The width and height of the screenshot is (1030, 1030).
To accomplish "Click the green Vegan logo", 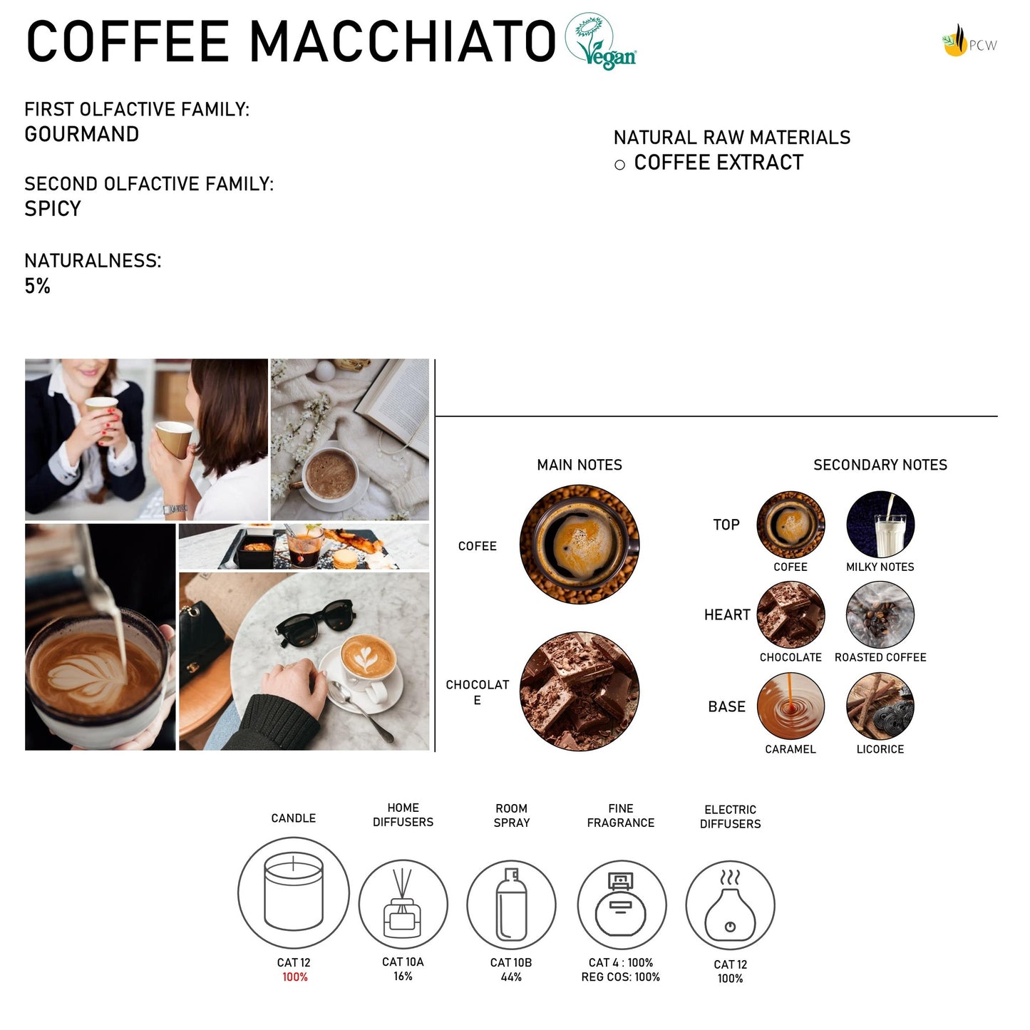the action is tap(600, 41).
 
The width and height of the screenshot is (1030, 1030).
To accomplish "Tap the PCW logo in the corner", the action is tap(969, 41).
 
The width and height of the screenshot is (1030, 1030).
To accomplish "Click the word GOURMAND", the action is tap(82, 134).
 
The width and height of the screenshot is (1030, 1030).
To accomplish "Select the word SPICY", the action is tap(53, 208).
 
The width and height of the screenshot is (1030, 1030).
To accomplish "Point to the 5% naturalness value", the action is tap(37, 286).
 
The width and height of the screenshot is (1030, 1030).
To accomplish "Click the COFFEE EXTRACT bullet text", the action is tap(719, 163).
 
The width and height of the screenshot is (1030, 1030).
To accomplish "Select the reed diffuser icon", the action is tap(403, 904).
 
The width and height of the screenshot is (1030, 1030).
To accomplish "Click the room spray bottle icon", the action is tap(512, 904).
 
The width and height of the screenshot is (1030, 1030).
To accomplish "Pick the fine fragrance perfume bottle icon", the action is tap(622, 905).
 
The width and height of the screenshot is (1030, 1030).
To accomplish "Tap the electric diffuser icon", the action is tap(730, 905).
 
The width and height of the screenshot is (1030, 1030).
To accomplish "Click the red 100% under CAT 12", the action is tap(295, 977).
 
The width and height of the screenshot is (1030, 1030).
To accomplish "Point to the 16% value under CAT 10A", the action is tap(403, 976).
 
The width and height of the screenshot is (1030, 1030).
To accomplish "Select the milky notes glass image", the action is tap(880, 525).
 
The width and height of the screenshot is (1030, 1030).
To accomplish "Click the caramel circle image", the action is tap(790, 706).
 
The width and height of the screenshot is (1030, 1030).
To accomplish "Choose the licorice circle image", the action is tap(880, 706).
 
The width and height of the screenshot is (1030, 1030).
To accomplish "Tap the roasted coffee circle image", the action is tap(880, 614).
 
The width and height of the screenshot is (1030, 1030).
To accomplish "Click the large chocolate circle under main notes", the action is tap(580, 691).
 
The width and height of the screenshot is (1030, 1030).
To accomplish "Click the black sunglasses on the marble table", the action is tap(316, 618).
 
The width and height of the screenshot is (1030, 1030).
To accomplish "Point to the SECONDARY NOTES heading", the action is tap(880, 465).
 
